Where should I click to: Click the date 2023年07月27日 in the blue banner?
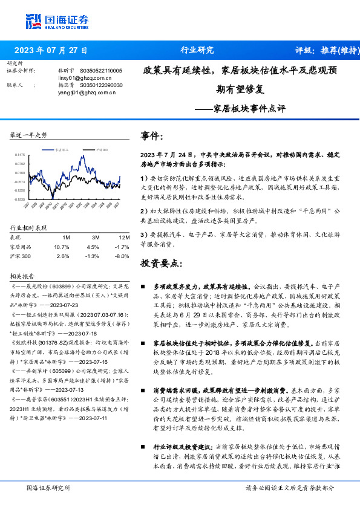coord(51,50)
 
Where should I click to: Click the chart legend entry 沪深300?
coord(86,148)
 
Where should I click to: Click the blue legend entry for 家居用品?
coord(59,148)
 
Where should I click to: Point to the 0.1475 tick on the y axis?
coord(21,154)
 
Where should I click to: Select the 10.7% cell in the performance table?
coord(62,247)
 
